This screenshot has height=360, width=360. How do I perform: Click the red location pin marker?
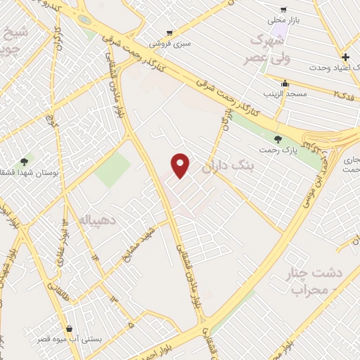181,165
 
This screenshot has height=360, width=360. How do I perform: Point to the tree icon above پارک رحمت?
278,140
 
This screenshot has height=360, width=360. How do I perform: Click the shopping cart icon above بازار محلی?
283,10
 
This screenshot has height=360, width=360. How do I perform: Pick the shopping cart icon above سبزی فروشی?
169,33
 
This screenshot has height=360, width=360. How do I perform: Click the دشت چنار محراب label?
309,280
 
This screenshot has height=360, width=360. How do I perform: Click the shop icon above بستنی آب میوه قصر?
70,328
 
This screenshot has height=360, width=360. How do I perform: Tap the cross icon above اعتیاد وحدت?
345,57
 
